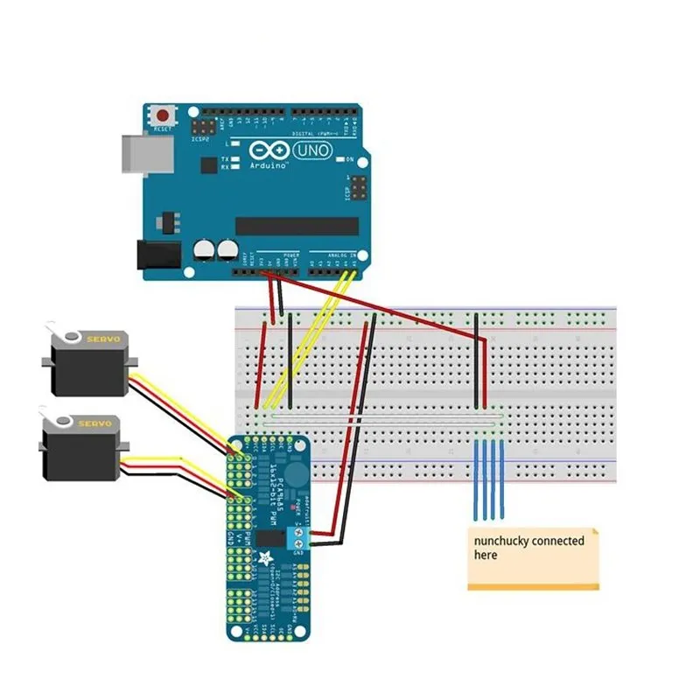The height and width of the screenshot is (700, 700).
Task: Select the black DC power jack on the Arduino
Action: tap(157, 255)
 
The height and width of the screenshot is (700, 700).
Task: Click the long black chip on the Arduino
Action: tap(297, 227)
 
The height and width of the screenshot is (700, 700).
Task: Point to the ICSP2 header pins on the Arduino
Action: tap(200, 126)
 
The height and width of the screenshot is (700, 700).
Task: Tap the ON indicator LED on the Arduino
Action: tap(339, 159)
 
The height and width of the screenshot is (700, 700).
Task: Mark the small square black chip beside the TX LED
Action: tap(207, 164)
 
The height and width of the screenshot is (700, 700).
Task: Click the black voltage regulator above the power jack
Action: tap(169, 217)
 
